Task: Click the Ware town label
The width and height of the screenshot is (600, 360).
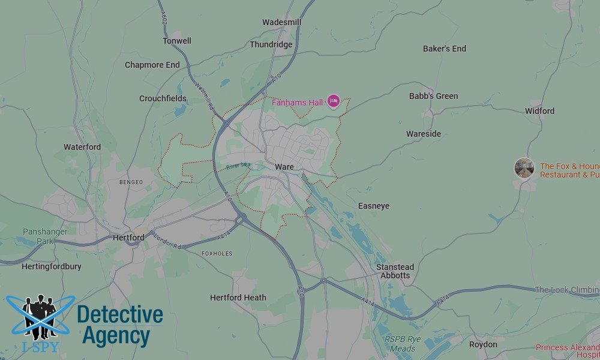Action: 284,166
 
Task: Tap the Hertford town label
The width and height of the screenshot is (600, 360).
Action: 128,238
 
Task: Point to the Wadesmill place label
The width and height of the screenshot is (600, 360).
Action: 282,22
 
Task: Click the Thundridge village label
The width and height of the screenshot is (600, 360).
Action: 271,44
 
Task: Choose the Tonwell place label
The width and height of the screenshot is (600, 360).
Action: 177,41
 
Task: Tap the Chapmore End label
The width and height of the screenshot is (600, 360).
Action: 152,65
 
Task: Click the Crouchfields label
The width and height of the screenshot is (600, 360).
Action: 163,98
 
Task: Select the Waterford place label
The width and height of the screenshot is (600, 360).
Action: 82,146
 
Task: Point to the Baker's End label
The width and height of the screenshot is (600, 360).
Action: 445,49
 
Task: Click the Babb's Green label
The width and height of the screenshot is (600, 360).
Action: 433,96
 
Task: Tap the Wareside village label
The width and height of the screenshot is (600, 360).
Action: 424,134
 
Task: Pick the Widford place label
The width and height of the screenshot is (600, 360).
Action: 539,111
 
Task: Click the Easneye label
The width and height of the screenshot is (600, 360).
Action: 374,206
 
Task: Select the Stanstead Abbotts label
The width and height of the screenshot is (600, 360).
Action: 395,271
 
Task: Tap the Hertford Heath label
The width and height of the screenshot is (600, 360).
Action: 238,298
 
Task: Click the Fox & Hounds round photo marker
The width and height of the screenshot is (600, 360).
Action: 524,168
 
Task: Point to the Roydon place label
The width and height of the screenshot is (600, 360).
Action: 483,344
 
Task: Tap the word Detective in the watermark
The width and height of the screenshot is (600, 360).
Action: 120,315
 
